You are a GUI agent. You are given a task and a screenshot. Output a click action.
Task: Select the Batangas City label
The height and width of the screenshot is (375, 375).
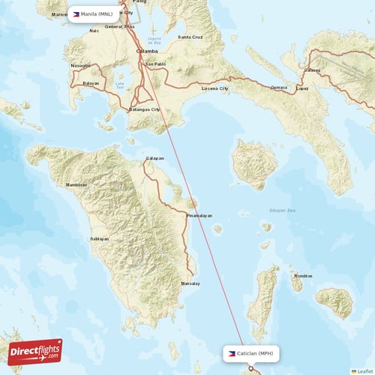[145, 109]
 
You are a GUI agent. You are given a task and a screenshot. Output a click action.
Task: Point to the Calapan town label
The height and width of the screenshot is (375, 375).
[154, 158]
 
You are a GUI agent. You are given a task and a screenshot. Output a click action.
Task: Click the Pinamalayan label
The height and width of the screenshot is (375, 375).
[199, 215]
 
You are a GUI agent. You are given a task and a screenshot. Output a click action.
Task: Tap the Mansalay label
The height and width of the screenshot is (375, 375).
[190, 283]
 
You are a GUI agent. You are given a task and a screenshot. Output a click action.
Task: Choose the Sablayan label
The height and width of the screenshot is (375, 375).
[99, 238]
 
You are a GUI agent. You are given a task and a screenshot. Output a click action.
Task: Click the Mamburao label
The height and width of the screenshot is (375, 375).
[76, 184]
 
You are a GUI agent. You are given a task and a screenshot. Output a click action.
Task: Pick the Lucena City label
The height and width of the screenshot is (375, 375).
[216, 88]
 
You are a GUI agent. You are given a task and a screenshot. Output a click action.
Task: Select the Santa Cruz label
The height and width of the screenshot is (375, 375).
[189, 37]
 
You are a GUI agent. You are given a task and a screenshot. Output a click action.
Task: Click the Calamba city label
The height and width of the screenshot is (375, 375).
[146, 51]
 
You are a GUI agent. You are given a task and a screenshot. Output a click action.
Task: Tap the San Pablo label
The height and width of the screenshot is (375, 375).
[155, 64]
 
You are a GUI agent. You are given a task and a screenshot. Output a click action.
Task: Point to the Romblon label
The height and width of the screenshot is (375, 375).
[303, 276]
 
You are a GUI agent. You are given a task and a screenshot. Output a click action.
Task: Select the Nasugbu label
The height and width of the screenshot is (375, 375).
[80, 66]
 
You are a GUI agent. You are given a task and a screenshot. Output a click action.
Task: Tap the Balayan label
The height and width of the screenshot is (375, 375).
[91, 83]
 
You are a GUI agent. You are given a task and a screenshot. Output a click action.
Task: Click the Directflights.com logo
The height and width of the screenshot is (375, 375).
[35, 351]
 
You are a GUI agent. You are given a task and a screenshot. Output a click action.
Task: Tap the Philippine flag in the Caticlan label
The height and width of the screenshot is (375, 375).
[231, 352]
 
